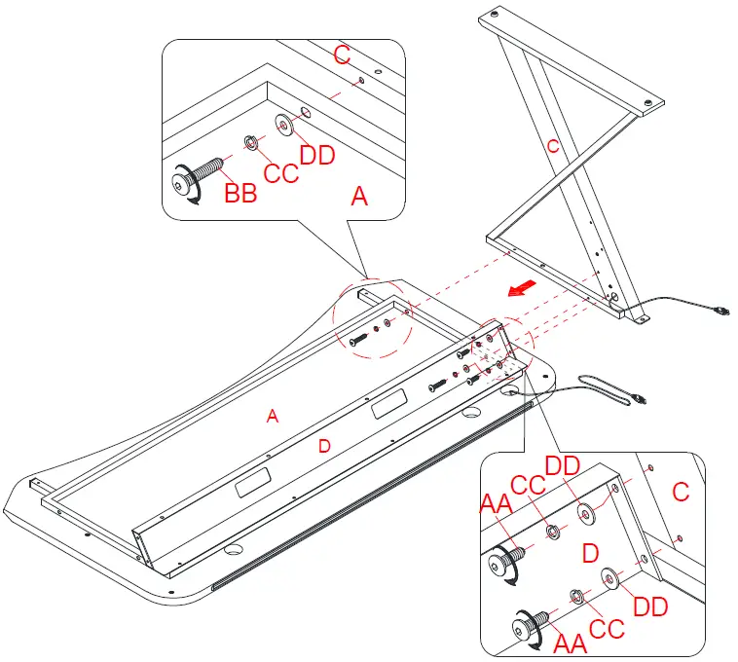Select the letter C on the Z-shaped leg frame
click(553, 147)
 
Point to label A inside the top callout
click(359, 197)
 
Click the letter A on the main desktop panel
click(274, 416)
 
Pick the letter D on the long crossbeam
click(325, 446)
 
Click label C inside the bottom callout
click(681, 493)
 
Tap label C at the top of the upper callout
click(342, 55)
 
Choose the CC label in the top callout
click(281, 174)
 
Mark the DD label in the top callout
click(318, 155)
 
